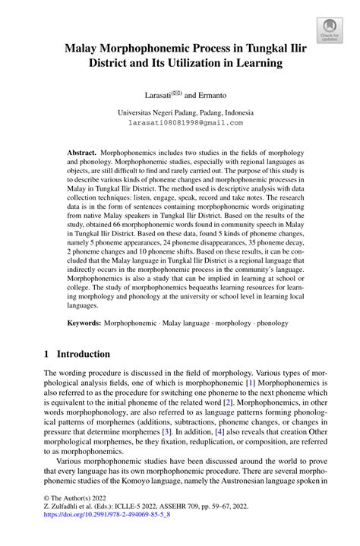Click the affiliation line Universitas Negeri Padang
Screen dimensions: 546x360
(180, 112)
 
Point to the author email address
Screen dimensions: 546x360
(180, 122)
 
